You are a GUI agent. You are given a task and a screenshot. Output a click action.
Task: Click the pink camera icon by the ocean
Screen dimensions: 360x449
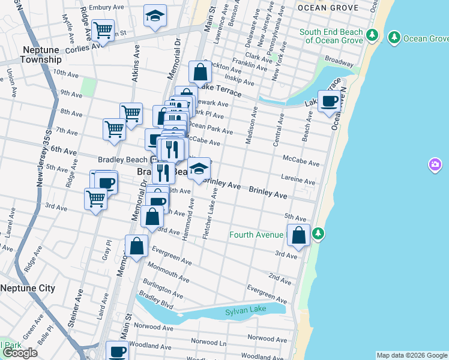point(435,164)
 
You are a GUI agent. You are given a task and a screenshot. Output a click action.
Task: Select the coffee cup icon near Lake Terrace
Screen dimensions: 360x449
point(328,101)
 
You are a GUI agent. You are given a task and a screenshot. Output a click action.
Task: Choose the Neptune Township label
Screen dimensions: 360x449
point(41,55)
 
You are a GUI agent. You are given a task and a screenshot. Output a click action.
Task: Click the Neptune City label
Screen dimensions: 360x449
point(28,288)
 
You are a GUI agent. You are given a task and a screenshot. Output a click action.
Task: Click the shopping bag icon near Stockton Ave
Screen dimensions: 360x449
point(200,73)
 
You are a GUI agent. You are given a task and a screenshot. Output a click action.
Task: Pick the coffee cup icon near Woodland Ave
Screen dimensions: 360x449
point(117,351)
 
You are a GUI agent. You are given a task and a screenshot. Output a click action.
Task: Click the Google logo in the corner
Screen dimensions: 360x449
point(20,353)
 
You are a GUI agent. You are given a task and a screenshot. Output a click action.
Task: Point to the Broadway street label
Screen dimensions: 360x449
point(339,62)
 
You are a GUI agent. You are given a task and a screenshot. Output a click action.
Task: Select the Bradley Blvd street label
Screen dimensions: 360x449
point(155,302)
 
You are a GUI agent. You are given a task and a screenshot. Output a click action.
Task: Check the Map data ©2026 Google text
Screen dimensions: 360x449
point(411,355)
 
